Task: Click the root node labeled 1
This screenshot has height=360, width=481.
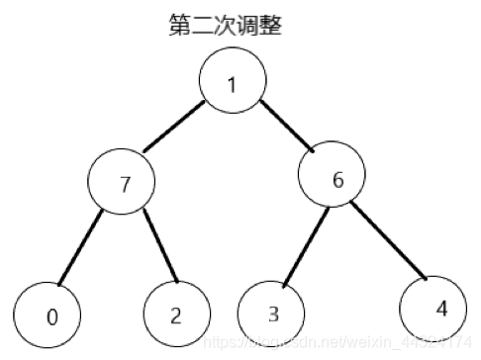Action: [x=232, y=81]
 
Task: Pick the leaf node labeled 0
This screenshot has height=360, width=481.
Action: [x=49, y=315]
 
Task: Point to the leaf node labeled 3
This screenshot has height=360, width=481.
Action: [x=272, y=314]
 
